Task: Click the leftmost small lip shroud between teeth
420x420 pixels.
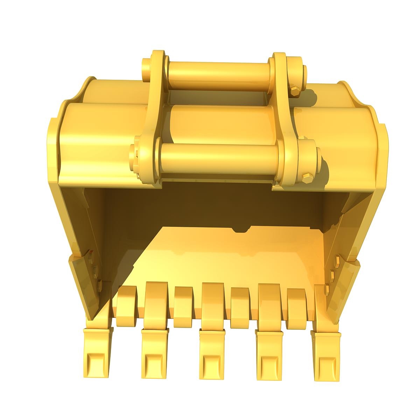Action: click(127, 301)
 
